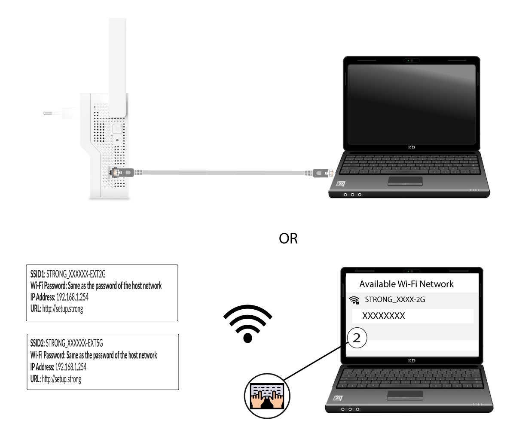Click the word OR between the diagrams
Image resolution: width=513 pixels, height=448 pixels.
288,238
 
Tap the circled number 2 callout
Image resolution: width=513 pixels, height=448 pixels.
357,338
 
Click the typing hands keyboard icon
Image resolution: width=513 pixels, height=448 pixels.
267,396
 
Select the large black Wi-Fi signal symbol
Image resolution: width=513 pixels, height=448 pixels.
247,323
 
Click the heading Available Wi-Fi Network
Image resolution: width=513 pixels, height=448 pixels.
406,284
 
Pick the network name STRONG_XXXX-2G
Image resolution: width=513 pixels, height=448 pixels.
395,299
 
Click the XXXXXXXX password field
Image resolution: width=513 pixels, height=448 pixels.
413,316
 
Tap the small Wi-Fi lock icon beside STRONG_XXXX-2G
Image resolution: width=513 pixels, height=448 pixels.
354,300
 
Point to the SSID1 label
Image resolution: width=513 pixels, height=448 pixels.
38,274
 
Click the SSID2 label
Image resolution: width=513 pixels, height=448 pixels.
38,343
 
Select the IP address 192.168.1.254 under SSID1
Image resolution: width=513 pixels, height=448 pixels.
72,297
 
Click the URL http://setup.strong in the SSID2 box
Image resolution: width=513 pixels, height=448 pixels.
61,379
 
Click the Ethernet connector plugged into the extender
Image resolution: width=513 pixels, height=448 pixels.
122,172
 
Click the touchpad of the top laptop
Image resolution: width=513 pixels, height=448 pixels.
405,181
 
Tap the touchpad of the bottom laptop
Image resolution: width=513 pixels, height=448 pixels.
405,395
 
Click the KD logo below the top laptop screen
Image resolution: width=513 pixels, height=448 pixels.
412,147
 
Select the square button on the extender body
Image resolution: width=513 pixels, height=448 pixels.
117,129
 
